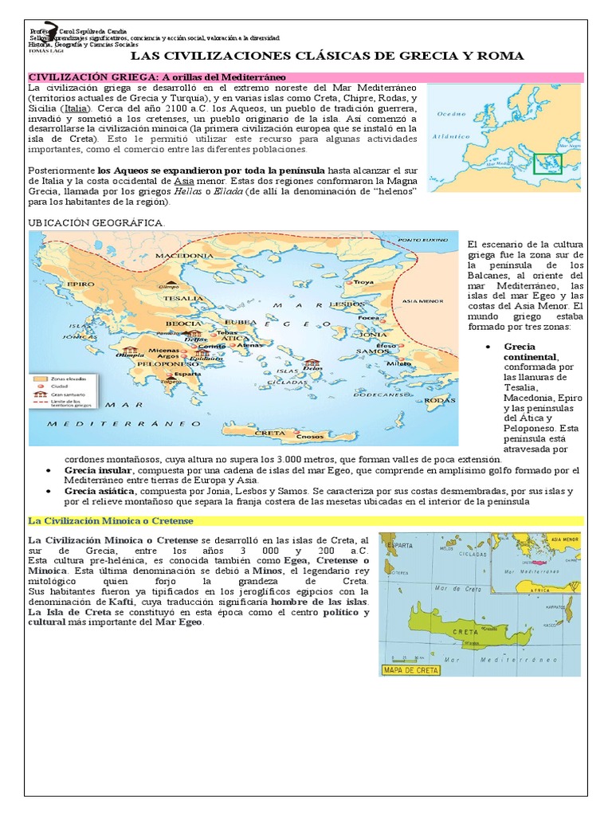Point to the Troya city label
[364, 282]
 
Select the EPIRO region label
[58, 283]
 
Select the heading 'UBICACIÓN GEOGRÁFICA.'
[96, 222]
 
